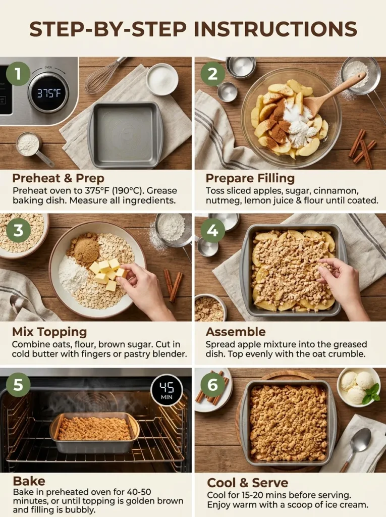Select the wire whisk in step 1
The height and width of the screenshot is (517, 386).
point(103,76)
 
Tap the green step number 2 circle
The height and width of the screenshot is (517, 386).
point(212,74)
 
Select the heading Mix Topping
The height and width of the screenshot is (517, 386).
point(49,332)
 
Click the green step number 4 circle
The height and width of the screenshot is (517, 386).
point(212,230)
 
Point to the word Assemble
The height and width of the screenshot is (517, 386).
point(236,332)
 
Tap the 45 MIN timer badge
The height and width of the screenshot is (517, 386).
point(167,390)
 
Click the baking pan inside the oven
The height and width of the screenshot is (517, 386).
point(94,432)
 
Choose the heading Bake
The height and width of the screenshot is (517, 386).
point(29,480)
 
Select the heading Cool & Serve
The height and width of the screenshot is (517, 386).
point(248,483)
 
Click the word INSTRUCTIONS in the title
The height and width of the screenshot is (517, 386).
point(275,30)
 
